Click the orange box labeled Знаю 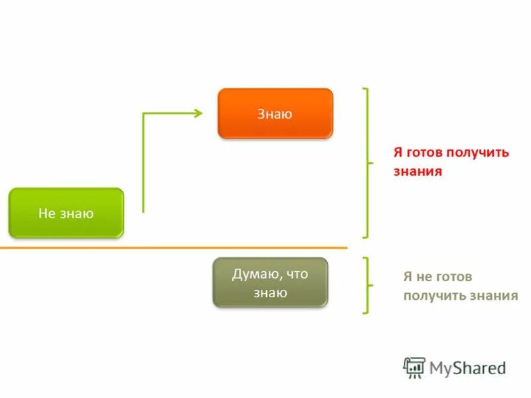(275, 113)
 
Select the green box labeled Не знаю (66, 213)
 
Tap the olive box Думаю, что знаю (269, 283)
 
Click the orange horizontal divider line (173, 248)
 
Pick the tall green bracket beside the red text (367, 163)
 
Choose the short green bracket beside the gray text (367, 285)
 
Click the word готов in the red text (424, 153)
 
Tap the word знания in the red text (417, 171)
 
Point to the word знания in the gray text (491, 296)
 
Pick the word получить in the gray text (431, 296)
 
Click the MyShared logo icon (414, 367)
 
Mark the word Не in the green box (46, 213)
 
